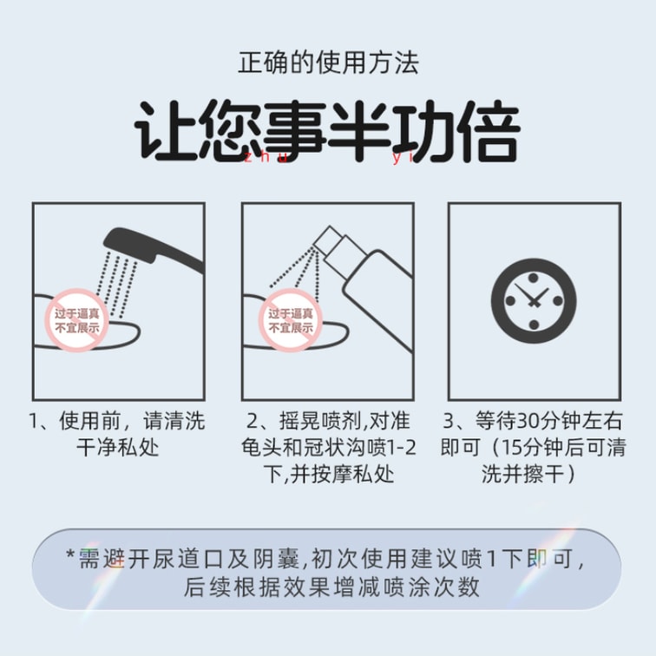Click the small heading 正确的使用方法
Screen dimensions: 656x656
(x=328, y=62)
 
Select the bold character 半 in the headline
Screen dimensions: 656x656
(x=359, y=130)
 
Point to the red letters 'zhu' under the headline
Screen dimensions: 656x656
(x=266, y=158)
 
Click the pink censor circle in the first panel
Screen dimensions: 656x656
(x=77, y=320)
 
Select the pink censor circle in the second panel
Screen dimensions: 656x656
(x=291, y=320)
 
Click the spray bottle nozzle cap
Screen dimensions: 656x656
(x=329, y=240)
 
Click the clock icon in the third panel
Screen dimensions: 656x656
(x=534, y=301)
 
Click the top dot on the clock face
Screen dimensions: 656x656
(x=534, y=278)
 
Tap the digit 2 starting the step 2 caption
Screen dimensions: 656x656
(x=253, y=421)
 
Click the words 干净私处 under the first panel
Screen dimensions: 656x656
(x=118, y=448)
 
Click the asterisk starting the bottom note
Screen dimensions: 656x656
(x=70, y=555)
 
